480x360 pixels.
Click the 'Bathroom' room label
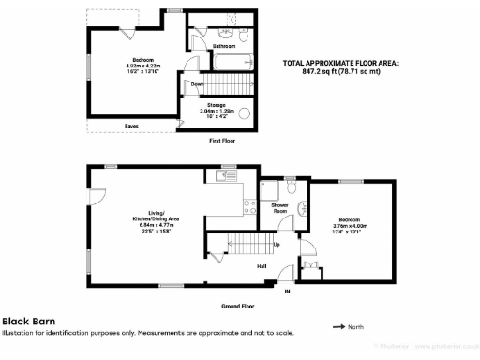pos(223,45)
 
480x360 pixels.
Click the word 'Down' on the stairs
pos(197,84)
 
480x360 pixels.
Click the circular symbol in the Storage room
pos(246,113)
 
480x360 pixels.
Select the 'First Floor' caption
pos(221,141)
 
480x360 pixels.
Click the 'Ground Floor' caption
pos(237,306)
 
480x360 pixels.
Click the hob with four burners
pos(249,208)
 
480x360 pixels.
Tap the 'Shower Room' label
pos(279,208)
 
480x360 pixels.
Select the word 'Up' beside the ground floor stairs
pos(276,245)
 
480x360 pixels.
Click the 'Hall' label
pos(263,265)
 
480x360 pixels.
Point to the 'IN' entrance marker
pos(288,292)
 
